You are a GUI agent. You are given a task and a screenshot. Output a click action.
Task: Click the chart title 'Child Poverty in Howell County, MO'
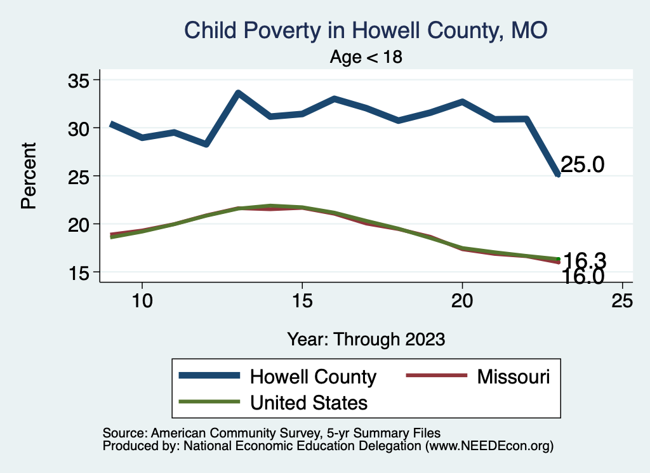[x=365, y=30]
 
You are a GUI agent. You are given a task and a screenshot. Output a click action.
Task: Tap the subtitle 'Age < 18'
[x=366, y=57]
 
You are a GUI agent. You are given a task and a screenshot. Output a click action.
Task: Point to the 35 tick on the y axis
[x=80, y=81]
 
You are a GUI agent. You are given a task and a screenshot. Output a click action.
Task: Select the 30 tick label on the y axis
[x=80, y=128]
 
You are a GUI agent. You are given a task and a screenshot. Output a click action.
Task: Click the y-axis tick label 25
[x=80, y=176]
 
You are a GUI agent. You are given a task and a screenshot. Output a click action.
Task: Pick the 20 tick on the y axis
[x=80, y=224]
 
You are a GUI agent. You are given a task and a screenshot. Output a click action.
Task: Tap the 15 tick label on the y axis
[x=80, y=272]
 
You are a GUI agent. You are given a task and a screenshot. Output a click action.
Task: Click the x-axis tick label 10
[x=142, y=302]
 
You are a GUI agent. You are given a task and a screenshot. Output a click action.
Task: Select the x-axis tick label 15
[x=302, y=302]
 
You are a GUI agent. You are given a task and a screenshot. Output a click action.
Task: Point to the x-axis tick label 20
[x=462, y=302]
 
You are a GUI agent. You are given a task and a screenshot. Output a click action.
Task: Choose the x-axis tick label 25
[x=622, y=302]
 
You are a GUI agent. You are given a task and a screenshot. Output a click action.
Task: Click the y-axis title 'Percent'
[x=28, y=176]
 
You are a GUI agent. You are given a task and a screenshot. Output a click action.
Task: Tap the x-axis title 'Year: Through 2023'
[x=366, y=338]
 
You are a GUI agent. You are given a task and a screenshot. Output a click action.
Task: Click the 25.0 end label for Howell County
[x=583, y=165]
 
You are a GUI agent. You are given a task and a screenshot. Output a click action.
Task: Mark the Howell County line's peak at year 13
[x=237, y=93]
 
